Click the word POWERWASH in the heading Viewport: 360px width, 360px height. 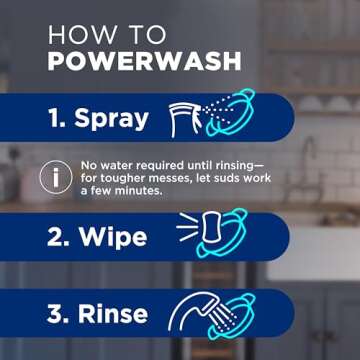click(145, 59)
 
